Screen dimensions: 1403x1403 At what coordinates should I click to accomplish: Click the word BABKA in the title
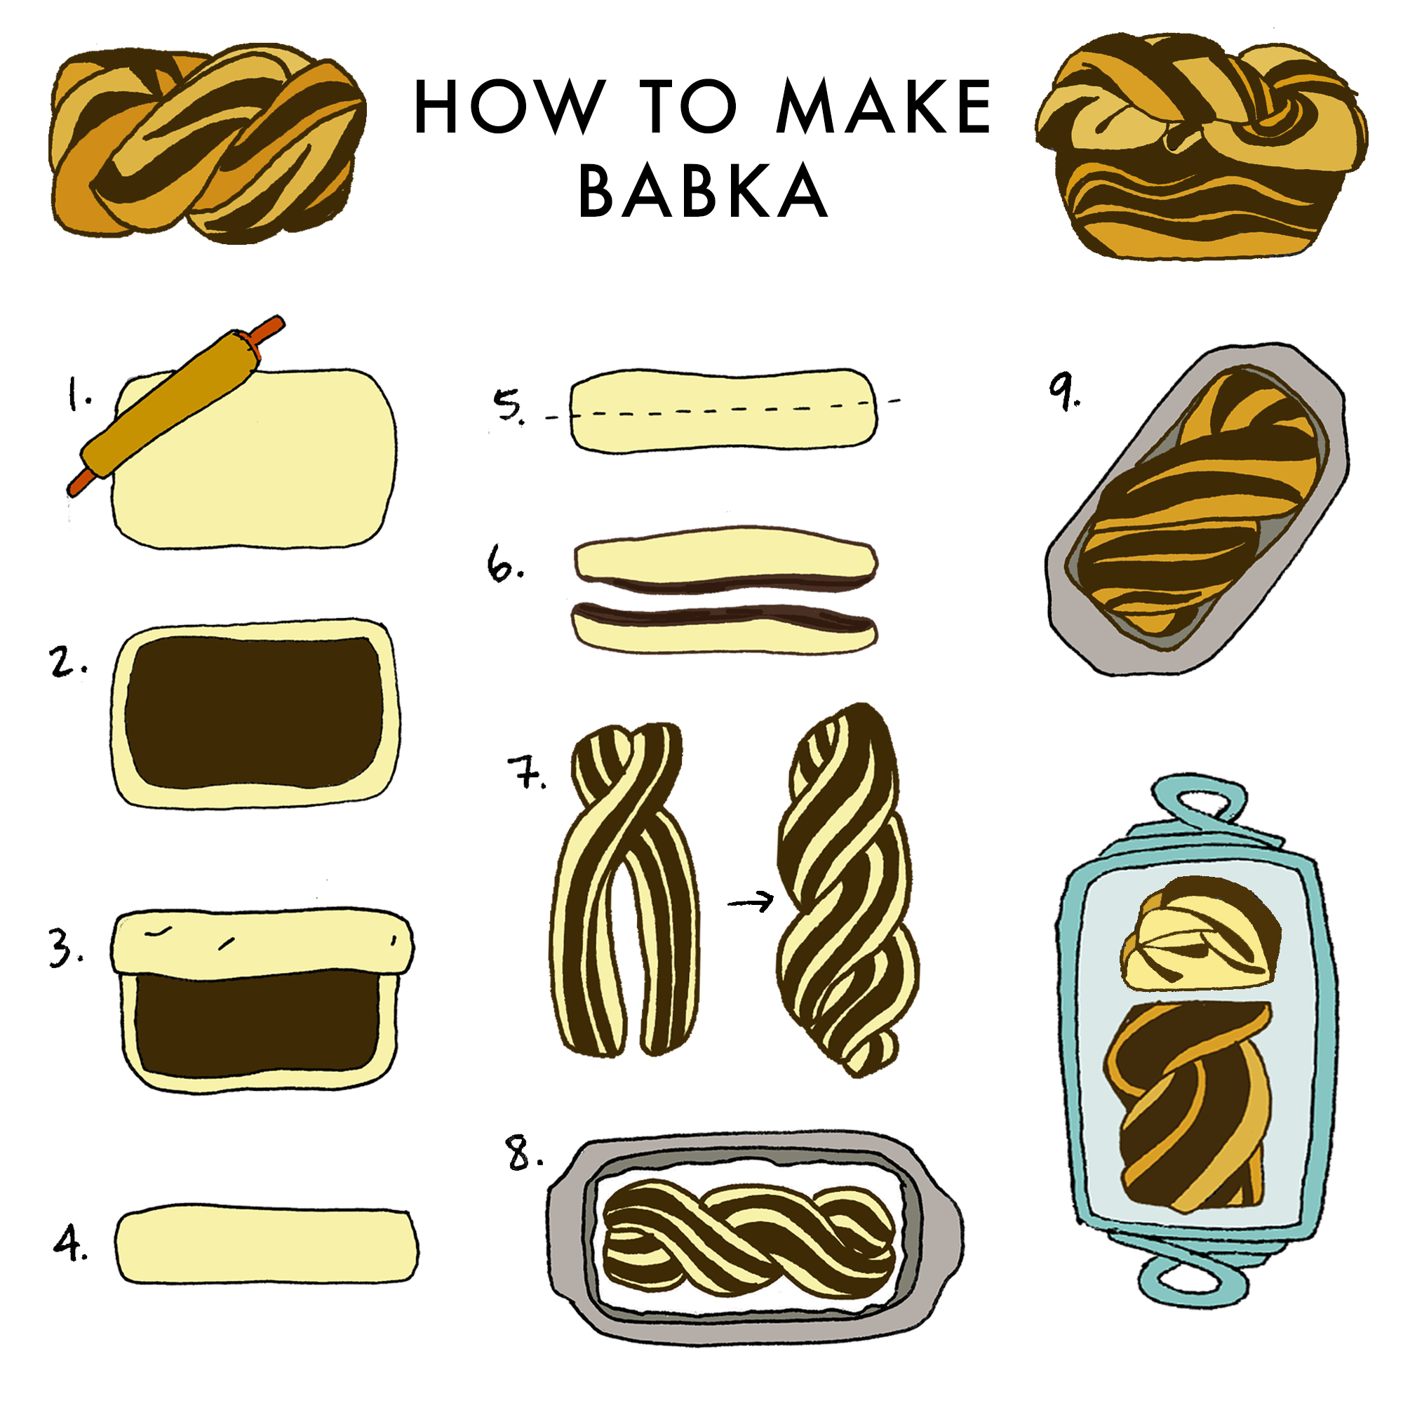click(x=701, y=190)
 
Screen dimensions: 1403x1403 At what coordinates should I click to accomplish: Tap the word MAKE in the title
click(x=882, y=107)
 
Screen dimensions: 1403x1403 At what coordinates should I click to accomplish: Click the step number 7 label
click(x=527, y=772)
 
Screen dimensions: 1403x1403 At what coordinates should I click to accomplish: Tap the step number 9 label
click(x=1063, y=392)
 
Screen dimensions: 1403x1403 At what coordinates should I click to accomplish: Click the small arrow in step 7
click(x=751, y=903)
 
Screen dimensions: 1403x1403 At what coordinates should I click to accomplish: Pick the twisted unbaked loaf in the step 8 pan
click(x=748, y=1235)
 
